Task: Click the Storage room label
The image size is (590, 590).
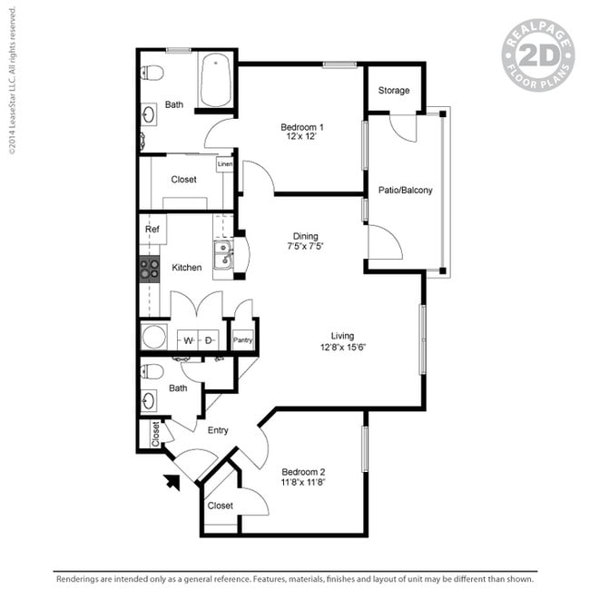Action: pos(394,91)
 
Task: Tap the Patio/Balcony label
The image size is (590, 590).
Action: pos(405,191)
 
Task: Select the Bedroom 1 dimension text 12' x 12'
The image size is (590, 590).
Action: pos(301,136)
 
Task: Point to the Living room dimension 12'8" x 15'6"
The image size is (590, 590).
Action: pos(343,347)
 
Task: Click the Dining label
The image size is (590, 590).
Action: pos(305,236)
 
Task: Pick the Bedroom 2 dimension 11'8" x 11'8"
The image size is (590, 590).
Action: pos(303,482)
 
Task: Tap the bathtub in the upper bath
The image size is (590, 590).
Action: pos(215,80)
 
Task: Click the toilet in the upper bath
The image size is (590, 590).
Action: pos(152,73)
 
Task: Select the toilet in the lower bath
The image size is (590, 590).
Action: pos(152,371)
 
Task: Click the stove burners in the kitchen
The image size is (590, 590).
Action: pos(150,269)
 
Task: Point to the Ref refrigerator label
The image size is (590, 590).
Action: pos(152,229)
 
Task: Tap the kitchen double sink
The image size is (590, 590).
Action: pos(222,255)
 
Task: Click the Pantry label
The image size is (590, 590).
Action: pos(242,340)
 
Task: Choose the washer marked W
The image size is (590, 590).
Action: pos(188,340)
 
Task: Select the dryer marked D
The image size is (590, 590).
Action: pos(208,340)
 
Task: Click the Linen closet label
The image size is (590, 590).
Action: pos(224,164)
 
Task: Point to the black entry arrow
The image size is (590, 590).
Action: pos(172,482)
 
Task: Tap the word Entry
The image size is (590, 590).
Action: pos(218,430)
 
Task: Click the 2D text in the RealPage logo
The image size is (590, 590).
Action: pos(538,55)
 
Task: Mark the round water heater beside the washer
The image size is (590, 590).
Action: pos(154,337)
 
